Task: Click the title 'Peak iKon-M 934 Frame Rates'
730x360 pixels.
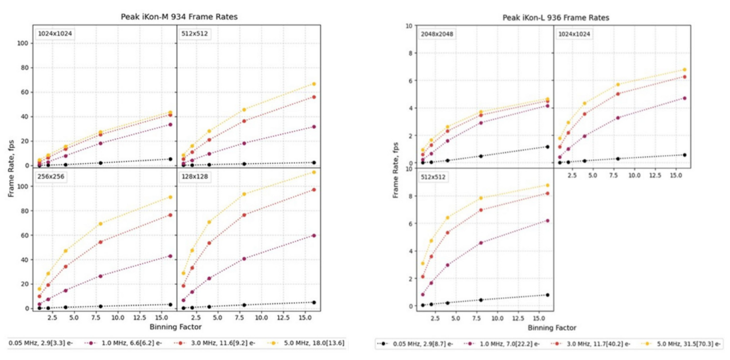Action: [x=179, y=17]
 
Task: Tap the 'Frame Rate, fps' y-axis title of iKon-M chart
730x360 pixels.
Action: [x=11, y=167]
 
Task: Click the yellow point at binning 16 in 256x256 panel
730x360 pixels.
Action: [x=171, y=197]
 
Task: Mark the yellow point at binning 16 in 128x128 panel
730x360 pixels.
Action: [x=314, y=172]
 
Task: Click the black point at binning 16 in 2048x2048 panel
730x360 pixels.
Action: [x=547, y=147]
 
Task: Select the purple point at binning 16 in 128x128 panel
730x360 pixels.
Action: [x=314, y=235]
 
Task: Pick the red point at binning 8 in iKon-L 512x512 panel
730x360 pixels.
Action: [x=481, y=210]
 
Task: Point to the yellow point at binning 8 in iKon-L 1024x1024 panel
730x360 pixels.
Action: [x=618, y=84]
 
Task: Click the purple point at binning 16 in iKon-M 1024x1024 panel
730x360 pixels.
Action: [x=171, y=124]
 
